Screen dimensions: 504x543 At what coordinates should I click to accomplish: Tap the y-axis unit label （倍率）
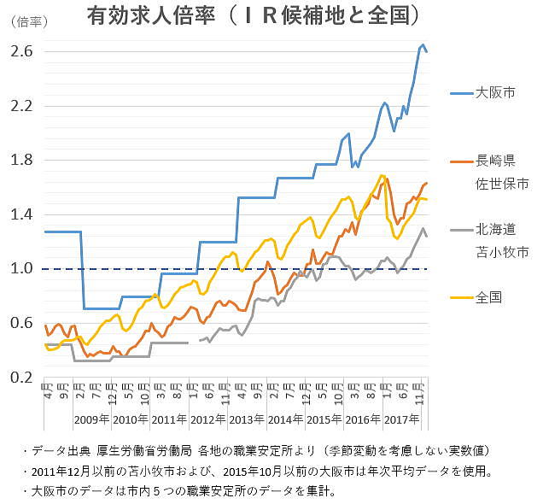tap(26, 24)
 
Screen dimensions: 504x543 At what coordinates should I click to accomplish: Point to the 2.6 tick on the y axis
tap(22, 51)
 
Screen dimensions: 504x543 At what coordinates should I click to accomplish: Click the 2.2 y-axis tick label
tap(22, 106)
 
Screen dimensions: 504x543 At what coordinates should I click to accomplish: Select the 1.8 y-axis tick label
tap(22, 160)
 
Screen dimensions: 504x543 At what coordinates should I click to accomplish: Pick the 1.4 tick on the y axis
tap(22, 214)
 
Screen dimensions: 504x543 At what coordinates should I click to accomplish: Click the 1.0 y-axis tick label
tap(22, 268)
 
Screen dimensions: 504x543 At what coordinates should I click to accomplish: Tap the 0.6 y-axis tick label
tap(22, 323)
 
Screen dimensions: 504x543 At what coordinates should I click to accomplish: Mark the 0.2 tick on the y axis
tap(22, 377)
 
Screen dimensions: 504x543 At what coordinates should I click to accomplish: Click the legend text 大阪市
tap(495, 92)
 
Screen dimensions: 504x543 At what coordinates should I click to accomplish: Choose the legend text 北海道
tap(495, 230)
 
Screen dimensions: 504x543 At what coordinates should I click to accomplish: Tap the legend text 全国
tap(489, 298)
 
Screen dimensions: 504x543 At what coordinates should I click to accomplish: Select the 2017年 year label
tap(401, 419)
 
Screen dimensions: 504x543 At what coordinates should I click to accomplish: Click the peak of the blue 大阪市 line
tap(423, 44)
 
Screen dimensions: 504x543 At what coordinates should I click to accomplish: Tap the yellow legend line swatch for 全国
tap(460, 298)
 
